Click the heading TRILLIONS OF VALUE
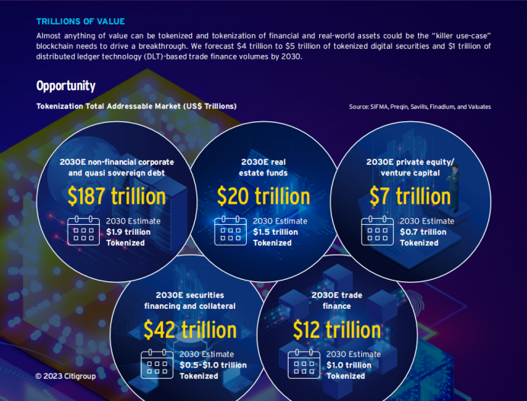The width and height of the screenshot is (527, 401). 80,21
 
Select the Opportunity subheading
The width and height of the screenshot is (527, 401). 65,86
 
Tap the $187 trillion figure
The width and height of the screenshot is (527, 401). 116,197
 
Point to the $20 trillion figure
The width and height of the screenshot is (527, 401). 263,197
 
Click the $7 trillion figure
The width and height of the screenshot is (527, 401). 410,197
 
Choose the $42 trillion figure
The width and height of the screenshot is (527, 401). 190,330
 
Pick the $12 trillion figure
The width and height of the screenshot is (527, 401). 337,330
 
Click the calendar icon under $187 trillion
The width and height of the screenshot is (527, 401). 83,231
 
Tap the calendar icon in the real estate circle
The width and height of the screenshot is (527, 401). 230,231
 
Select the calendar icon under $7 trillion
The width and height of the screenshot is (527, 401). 377,231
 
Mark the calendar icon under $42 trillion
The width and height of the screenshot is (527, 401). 157,364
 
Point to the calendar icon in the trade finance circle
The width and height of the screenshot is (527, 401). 303,364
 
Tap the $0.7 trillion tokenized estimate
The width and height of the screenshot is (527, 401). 423,232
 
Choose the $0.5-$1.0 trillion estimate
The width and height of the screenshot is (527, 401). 213,365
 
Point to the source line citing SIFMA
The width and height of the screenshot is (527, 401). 420,107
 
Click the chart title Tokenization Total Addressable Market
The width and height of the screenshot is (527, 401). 136,106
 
